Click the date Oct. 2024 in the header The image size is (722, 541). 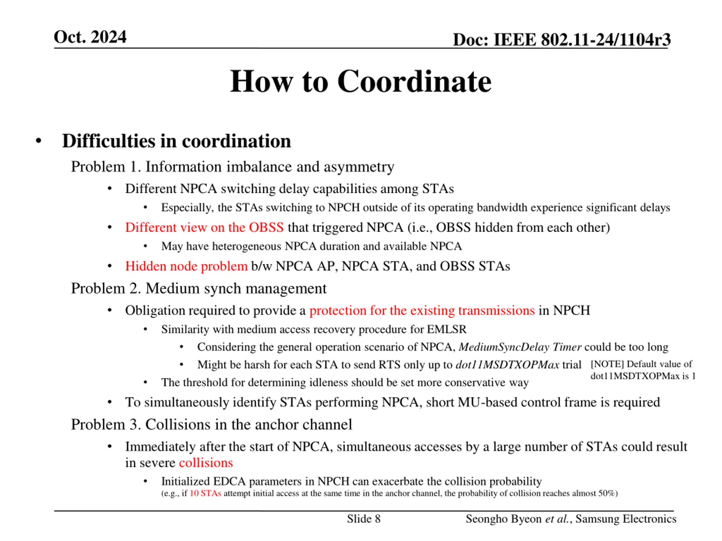[x=90, y=37]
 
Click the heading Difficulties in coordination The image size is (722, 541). [x=176, y=141]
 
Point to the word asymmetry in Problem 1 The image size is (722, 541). [x=359, y=167]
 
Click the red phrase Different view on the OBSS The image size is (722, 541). [x=204, y=227]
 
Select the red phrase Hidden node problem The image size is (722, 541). [x=186, y=266]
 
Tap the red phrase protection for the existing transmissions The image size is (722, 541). [x=422, y=311]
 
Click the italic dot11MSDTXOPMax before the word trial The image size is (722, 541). [x=507, y=365]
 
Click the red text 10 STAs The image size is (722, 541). [x=205, y=493]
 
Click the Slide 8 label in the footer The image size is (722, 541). [x=364, y=519]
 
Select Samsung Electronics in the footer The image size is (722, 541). [x=626, y=519]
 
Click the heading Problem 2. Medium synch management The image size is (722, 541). [x=199, y=289]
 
